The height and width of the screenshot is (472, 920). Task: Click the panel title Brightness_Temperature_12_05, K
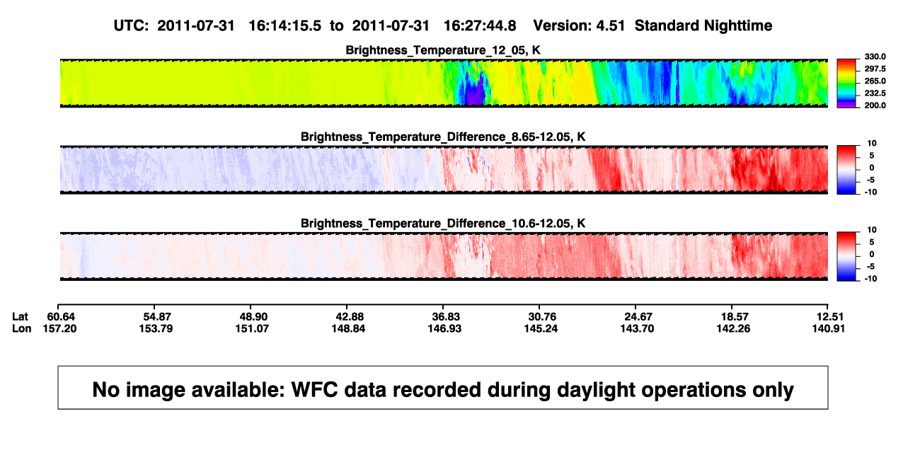pyautogui.click(x=443, y=50)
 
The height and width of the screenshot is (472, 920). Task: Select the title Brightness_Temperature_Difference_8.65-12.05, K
pyautogui.click(x=443, y=137)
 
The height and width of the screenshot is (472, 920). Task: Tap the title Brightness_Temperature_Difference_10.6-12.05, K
pyautogui.click(x=443, y=224)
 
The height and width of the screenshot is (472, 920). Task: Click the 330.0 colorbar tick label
pyautogui.click(x=875, y=57)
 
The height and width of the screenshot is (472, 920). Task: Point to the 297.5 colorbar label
pyautogui.click(x=875, y=69)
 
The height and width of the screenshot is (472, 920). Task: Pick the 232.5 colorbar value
pyautogui.click(x=875, y=93)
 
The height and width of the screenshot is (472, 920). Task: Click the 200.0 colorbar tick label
pyautogui.click(x=875, y=105)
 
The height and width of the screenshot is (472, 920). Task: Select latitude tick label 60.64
pyautogui.click(x=61, y=317)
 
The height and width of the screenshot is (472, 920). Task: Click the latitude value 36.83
pyautogui.click(x=446, y=317)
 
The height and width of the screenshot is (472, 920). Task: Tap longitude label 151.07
pyautogui.click(x=252, y=328)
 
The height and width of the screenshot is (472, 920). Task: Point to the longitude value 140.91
pyautogui.click(x=829, y=328)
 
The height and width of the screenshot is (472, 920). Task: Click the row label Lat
pyautogui.click(x=20, y=317)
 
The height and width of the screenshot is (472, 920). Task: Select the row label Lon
pyautogui.click(x=21, y=328)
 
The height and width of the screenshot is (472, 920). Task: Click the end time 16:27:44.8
pyautogui.click(x=480, y=26)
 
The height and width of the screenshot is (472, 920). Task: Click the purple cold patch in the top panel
pyautogui.click(x=474, y=93)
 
